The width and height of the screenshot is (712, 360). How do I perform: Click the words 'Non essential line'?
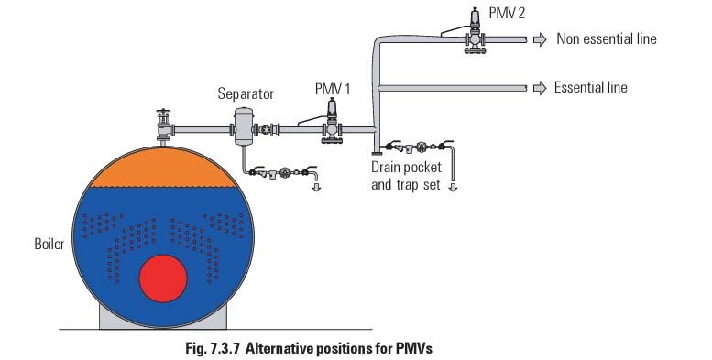coord(606,38)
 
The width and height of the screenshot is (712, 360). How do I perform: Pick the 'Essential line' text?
coord(590,88)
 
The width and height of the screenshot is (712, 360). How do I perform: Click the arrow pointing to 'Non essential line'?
coord(540,38)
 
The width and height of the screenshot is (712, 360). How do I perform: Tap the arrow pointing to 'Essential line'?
coord(540,88)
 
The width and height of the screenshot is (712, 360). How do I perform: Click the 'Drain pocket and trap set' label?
coord(406,176)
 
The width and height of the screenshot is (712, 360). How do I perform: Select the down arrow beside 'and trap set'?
coord(452,185)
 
